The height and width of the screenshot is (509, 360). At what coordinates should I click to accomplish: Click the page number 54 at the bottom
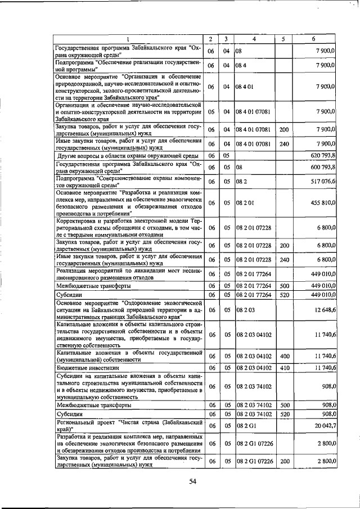(x=192, y=481)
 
